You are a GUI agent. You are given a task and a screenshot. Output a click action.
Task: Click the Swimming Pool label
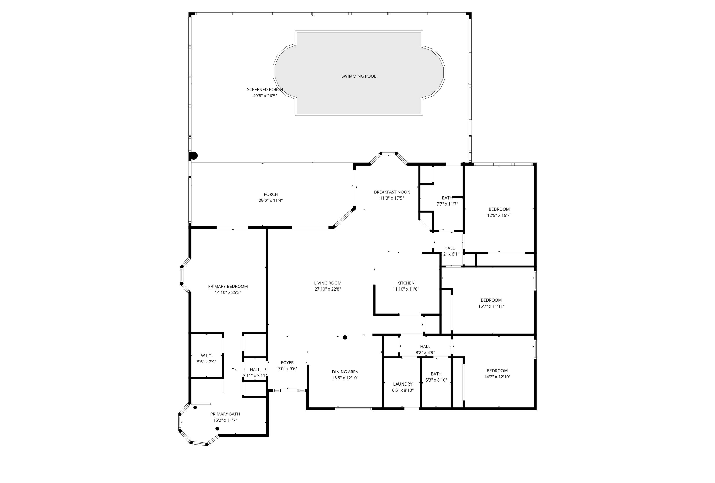pos(358,76)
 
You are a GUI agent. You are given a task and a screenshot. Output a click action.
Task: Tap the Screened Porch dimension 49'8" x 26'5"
pos(265,96)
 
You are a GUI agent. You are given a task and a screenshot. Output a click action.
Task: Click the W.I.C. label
pos(206,356)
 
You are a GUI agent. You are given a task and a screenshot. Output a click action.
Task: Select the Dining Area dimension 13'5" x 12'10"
pos(345,378)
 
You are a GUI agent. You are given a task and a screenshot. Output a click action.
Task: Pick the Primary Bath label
pos(225,414)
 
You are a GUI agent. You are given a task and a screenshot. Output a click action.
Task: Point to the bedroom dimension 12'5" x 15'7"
pos(499,216)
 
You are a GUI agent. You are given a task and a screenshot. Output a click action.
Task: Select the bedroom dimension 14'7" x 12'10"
pos(497,377)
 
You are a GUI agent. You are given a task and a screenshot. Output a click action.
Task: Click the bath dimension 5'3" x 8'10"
pos(436,380)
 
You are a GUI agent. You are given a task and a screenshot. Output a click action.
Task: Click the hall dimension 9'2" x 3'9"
pos(425,353)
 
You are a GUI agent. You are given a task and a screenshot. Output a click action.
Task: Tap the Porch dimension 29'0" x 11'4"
pos(271,201)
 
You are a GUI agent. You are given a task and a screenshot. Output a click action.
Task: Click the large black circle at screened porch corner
pos(194,156)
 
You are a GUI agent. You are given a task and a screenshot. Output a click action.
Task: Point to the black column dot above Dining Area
pos(345,337)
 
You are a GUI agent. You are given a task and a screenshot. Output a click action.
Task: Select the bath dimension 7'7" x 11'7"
pos(447,204)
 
